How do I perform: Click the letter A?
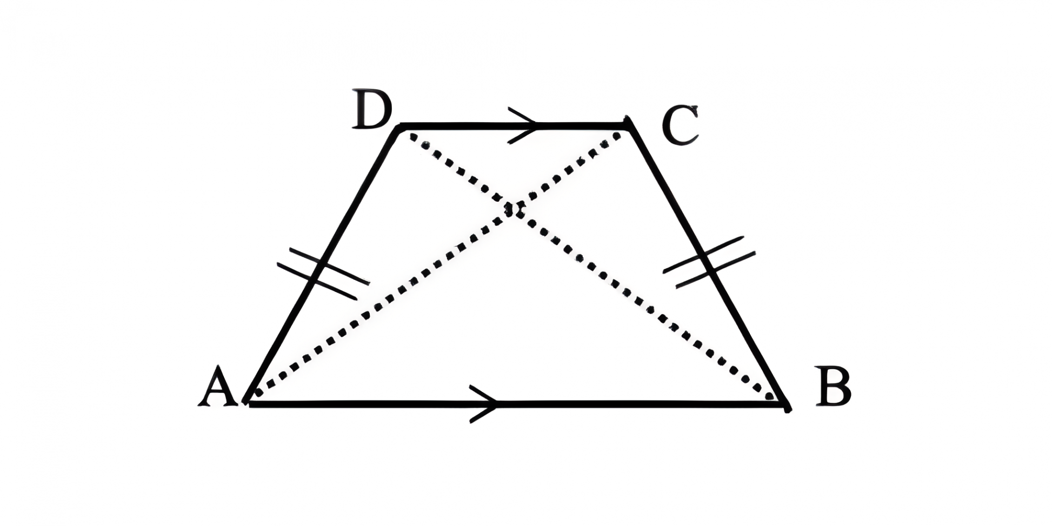218,387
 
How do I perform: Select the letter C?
681,126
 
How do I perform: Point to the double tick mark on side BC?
708,262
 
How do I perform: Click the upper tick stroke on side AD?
330,267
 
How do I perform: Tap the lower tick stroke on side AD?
317,281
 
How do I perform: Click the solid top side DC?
460,126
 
